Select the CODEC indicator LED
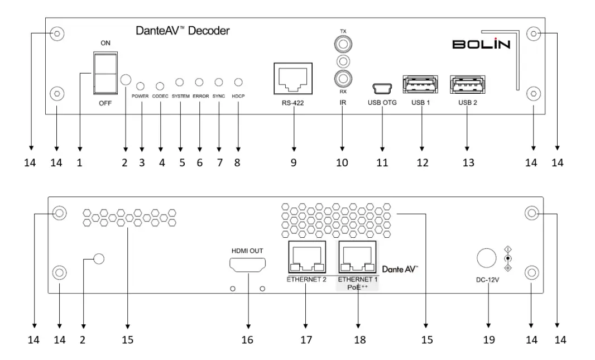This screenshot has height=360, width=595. [x=161, y=86]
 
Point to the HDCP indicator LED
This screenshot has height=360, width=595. [x=238, y=83]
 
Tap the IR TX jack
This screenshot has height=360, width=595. [x=341, y=43]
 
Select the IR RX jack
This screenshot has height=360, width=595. [x=341, y=77]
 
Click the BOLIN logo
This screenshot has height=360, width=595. [x=481, y=44]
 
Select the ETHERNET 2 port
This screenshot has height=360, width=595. [x=306, y=258]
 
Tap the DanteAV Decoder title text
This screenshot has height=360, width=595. [x=183, y=31]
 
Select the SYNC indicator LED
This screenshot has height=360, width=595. [x=219, y=83]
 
